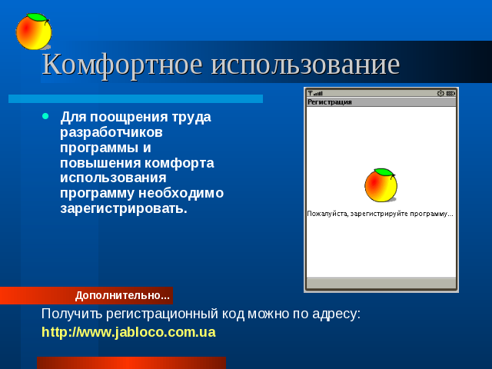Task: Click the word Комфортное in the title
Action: pyautogui.click(x=122, y=65)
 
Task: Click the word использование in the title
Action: pyautogui.click(x=305, y=65)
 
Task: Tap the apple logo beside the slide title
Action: pyautogui.click(x=34, y=32)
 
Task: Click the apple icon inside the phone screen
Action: pyautogui.click(x=381, y=185)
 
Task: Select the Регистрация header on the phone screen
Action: pyautogui.click(x=330, y=102)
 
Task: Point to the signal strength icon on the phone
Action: pyautogui.click(x=315, y=93)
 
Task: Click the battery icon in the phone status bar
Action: pyautogui.click(x=450, y=93)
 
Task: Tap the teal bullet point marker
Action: pyautogui.click(x=46, y=116)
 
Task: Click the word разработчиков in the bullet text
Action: pyautogui.click(x=111, y=132)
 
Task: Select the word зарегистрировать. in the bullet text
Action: pyautogui.click(x=124, y=208)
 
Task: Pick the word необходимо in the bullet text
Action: pyautogui.click(x=181, y=193)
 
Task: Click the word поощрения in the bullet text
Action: pyautogui.click(x=129, y=118)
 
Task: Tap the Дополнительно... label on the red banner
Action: pyautogui.click(x=122, y=295)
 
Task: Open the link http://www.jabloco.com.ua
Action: pyautogui.click(x=128, y=332)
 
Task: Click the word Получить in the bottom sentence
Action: pyautogui.click(x=71, y=314)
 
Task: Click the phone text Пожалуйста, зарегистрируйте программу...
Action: pyautogui.click(x=380, y=214)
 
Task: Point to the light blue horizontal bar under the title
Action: pyautogui.click(x=135, y=99)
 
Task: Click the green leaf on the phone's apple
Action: pyautogui.click(x=384, y=172)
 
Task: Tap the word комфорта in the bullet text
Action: pyautogui.click(x=179, y=163)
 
